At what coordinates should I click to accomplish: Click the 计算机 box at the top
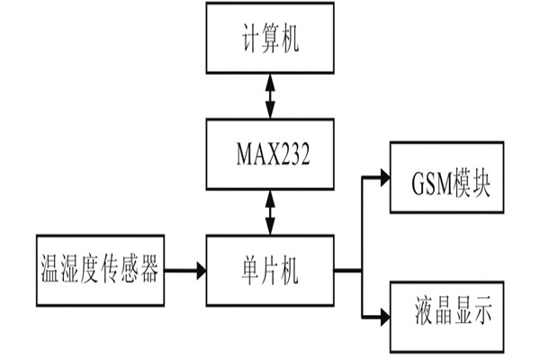pyautogui.click(x=269, y=38)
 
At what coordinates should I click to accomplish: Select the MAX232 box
pyautogui.click(x=269, y=156)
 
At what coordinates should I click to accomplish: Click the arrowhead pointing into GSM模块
pyautogui.click(x=383, y=177)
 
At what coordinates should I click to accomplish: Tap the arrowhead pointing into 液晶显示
pyautogui.click(x=383, y=316)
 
